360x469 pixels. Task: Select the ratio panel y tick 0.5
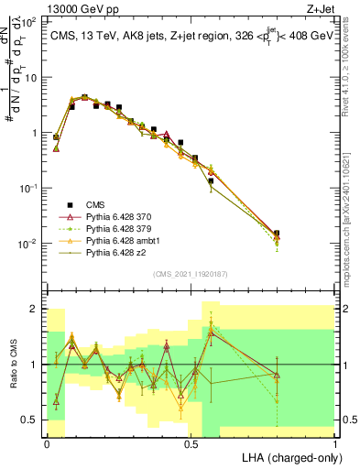coord(30,420)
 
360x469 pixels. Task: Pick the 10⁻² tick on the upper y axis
coord(28,244)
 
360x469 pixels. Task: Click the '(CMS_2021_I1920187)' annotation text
coord(191,273)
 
